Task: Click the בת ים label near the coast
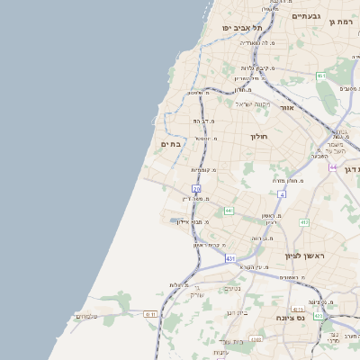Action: [x=171, y=144]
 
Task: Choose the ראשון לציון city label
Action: [x=303, y=256]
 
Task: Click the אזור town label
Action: [x=288, y=107]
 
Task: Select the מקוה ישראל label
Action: [x=253, y=104]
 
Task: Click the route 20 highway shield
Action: [x=196, y=188]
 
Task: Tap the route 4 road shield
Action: [x=282, y=193]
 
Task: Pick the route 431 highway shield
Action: [x=230, y=258]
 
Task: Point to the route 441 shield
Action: [x=229, y=211]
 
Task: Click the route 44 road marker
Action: [x=333, y=167]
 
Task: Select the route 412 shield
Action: [x=304, y=222]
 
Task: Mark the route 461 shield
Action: [x=320, y=76]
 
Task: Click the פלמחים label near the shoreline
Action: [x=86, y=316]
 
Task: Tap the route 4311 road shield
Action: [x=150, y=314]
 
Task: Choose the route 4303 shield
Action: [x=256, y=339]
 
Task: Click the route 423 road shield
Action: [x=318, y=316]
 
